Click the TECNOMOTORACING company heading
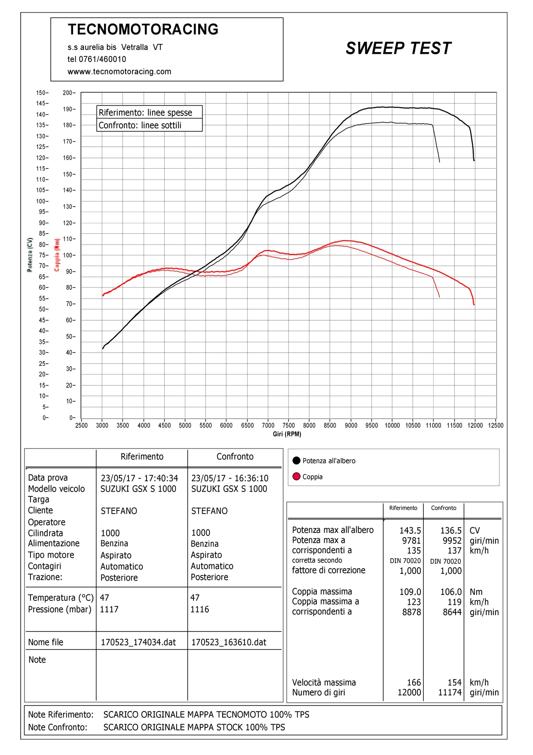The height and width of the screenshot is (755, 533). coord(143,29)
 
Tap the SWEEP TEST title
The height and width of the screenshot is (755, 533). coord(398,48)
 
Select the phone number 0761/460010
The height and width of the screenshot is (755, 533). coord(102,59)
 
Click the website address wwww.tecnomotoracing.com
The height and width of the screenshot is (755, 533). coord(119,71)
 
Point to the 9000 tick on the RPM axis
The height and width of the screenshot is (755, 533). coord(351,425)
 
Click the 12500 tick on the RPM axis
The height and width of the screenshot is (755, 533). coord(496,425)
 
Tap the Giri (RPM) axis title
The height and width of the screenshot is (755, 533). coord(287,434)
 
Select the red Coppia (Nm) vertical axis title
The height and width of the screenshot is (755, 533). coord(57,255)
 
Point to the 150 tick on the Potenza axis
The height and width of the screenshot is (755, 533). coord(42,93)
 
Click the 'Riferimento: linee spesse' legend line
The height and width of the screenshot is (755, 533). coord(145,113)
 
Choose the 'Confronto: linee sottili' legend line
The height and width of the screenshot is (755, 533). coord(140,125)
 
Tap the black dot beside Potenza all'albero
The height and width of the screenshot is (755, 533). coord(296,461)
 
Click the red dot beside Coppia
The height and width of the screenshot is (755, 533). coord(296,477)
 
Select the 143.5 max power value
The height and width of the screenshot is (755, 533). coord(410,531)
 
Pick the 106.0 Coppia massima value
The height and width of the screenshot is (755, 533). coord(451,592)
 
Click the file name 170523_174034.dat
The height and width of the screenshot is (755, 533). coord(138,642)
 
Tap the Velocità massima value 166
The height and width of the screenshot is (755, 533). coord(414,683)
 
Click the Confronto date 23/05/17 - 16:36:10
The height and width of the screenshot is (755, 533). coord(230,478)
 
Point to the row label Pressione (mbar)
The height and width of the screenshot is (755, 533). coord(60,610)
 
